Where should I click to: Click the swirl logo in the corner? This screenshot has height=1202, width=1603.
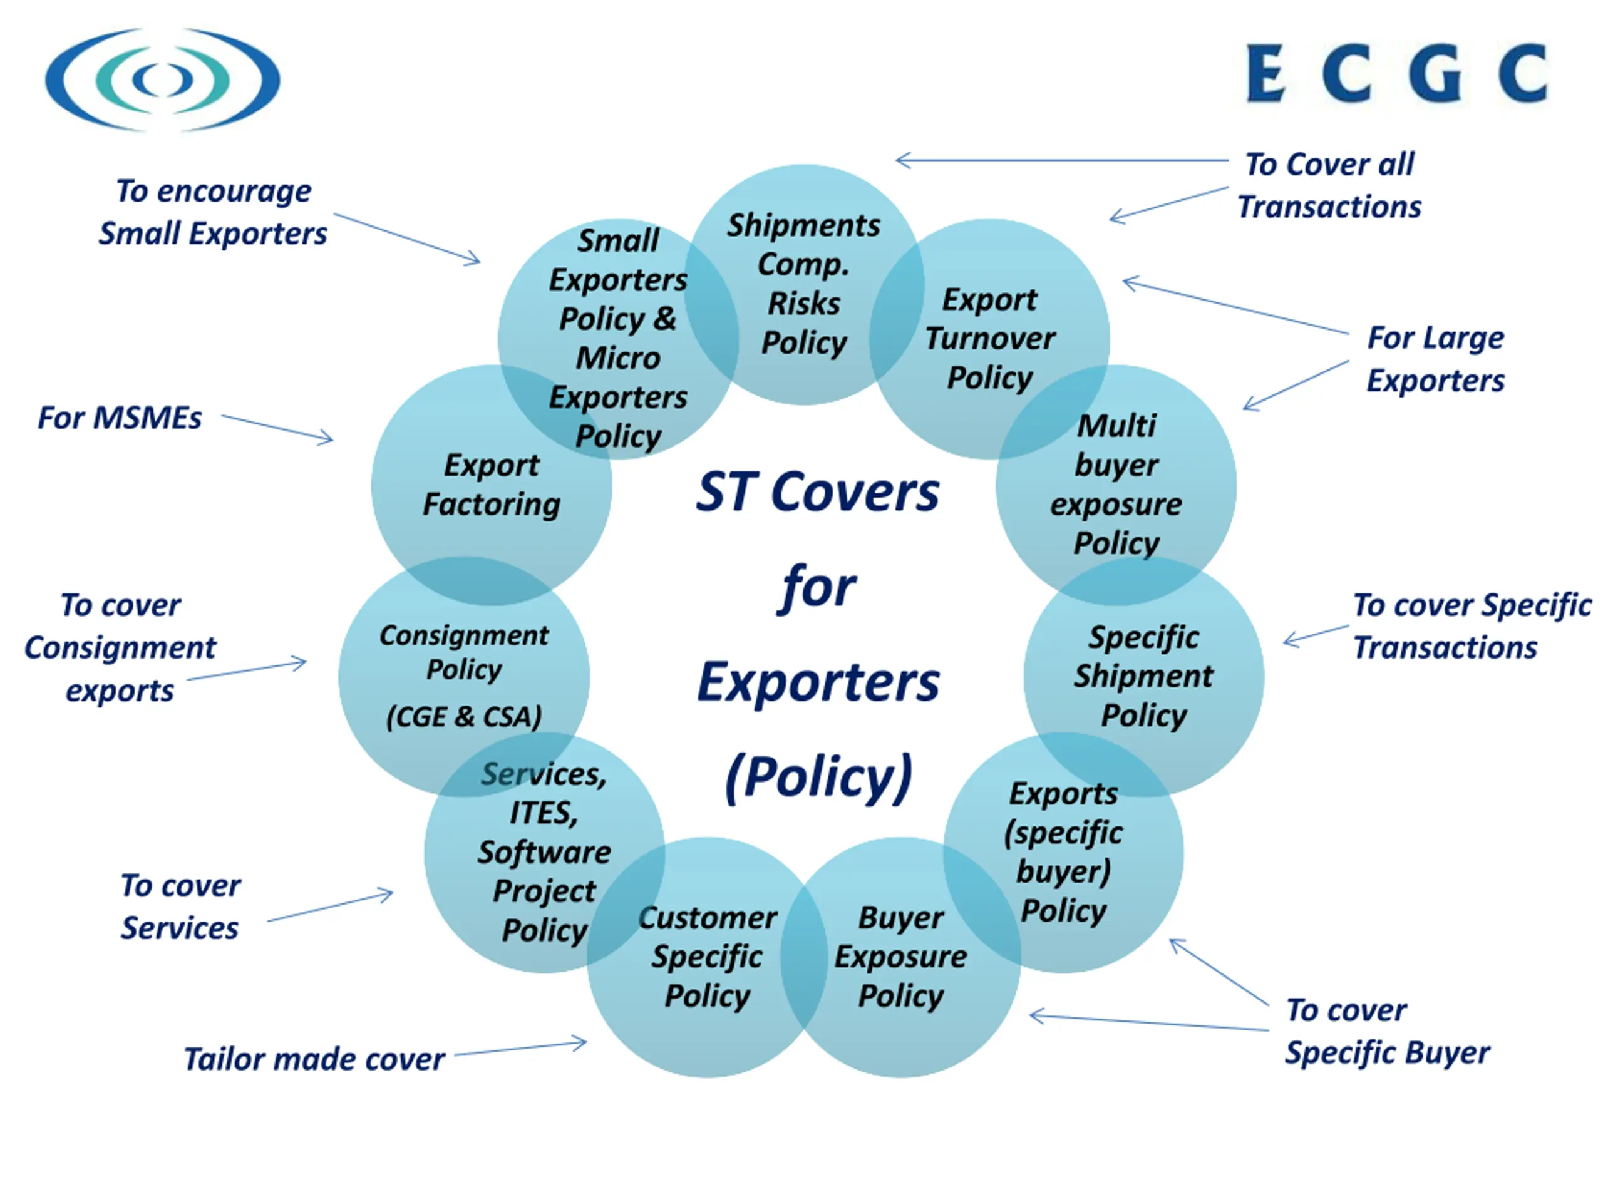click(162, 80)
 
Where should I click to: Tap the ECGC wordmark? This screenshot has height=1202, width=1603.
click(1396, 73)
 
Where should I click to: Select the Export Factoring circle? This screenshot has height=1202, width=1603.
click(492, 485)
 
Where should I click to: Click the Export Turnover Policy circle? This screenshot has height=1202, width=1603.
click(990, 338)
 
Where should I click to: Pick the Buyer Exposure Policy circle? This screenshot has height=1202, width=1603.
click(901, 957)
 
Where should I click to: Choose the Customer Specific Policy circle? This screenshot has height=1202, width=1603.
click(708, 957)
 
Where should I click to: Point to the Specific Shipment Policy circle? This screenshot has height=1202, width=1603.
click(1143, 676)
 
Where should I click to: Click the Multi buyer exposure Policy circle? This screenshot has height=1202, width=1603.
click(1116, 485)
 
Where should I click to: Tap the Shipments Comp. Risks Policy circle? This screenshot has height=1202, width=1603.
click(803, 284)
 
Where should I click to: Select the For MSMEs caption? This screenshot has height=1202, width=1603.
click(120, 418)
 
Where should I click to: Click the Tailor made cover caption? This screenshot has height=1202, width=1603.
click(314, 1059)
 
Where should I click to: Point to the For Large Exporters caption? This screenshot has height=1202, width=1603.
click(1435, 359)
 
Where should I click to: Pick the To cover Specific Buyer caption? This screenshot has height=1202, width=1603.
click(1386, 1031)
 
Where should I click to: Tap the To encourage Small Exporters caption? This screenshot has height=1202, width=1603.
click(213, 212)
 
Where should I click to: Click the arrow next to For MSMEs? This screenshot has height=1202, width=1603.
click(277, 428)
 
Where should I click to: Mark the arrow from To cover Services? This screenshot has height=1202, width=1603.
click(331, 907)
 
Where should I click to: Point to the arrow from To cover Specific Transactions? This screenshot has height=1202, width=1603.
click(1316, 635)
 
